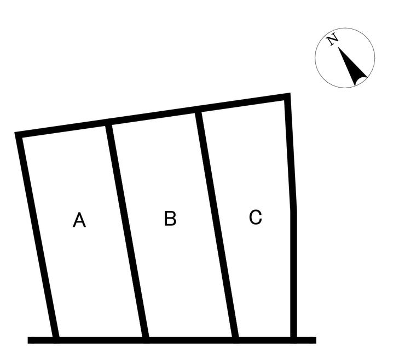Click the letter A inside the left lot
click(x=79, y=220)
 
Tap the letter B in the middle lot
click(x=170, y=219)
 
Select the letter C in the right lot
click(x=256, y=218)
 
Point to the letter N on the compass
click(x=332, y=40)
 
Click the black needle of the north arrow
click(x=352, y=67)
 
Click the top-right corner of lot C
click(x=287, y=98)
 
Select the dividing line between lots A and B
click(x=127, y=230)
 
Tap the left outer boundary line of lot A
click(x=37, y=236)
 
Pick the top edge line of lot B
click(x=153, y=116)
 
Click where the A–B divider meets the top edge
click(x=109, y=122)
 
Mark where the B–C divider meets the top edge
click(x=199, y=110)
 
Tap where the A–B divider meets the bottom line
click(x=146, y=339)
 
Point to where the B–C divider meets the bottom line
click(x=235, y=339)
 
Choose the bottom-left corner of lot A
click(x=55, y=339)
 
